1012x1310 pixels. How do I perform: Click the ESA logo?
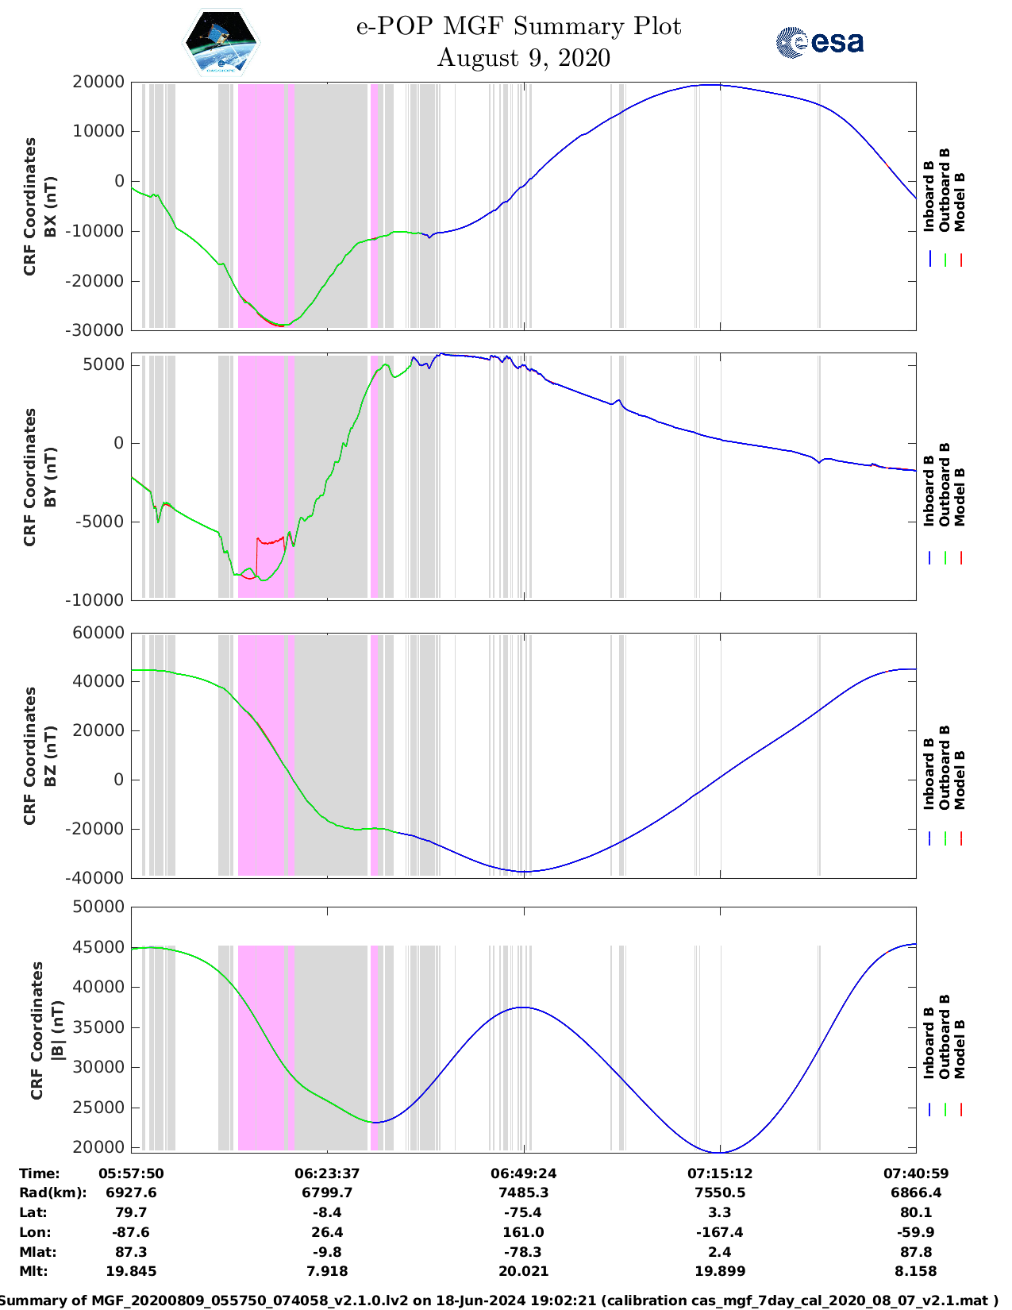pos(819,42)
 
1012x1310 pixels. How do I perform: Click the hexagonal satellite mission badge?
pos(221,42)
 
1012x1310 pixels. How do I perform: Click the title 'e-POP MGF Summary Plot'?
pos(518,26)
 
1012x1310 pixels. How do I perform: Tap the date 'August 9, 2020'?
pos(524,58)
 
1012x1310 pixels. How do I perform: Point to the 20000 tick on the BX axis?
pos(98,82)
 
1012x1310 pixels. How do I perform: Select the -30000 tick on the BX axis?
pos(98,330)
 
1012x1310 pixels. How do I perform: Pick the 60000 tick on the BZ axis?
pos(98,633)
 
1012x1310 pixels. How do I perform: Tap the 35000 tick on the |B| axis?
pos(98,1027)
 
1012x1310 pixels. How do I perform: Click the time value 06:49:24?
pos(524,1173)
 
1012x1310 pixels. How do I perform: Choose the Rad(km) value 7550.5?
pos(720,1192)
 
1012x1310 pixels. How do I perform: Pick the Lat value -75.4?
pos(524,1212)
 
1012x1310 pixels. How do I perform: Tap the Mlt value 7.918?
pos(327,1271)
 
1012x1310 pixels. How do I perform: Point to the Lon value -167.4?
pos(720,1232)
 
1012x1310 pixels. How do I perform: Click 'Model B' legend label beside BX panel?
pos(960,202)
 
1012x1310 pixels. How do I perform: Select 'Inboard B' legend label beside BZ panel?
pos(929,773)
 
